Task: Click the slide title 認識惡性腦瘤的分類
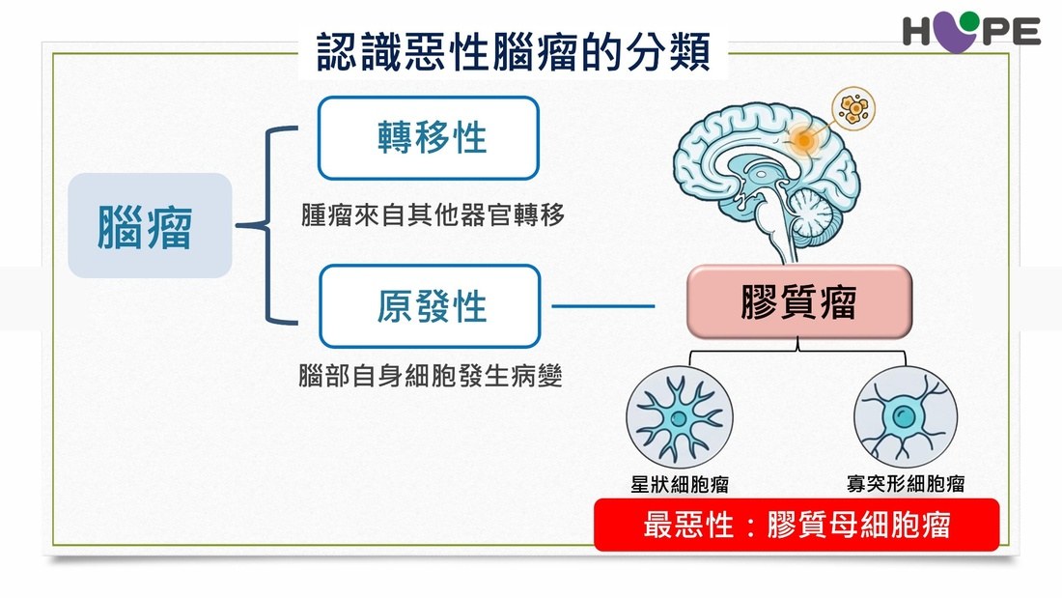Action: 513,51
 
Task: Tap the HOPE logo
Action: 971,32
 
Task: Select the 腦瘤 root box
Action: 150,225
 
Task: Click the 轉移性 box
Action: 429,137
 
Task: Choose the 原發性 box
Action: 430,306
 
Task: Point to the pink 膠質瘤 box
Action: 799,301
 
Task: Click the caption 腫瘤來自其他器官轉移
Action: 433,214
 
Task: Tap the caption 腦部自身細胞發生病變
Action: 430,375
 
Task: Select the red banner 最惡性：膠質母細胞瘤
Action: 796,525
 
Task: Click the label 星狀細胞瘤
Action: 680,484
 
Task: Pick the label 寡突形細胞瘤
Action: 906,483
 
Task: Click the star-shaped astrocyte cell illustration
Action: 680,417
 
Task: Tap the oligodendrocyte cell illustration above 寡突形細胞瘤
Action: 906,417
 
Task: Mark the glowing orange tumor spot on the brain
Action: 804,140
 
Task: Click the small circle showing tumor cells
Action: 853,108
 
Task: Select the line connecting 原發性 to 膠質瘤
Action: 603,306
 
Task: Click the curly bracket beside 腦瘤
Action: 266,225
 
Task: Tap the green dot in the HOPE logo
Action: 969,21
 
